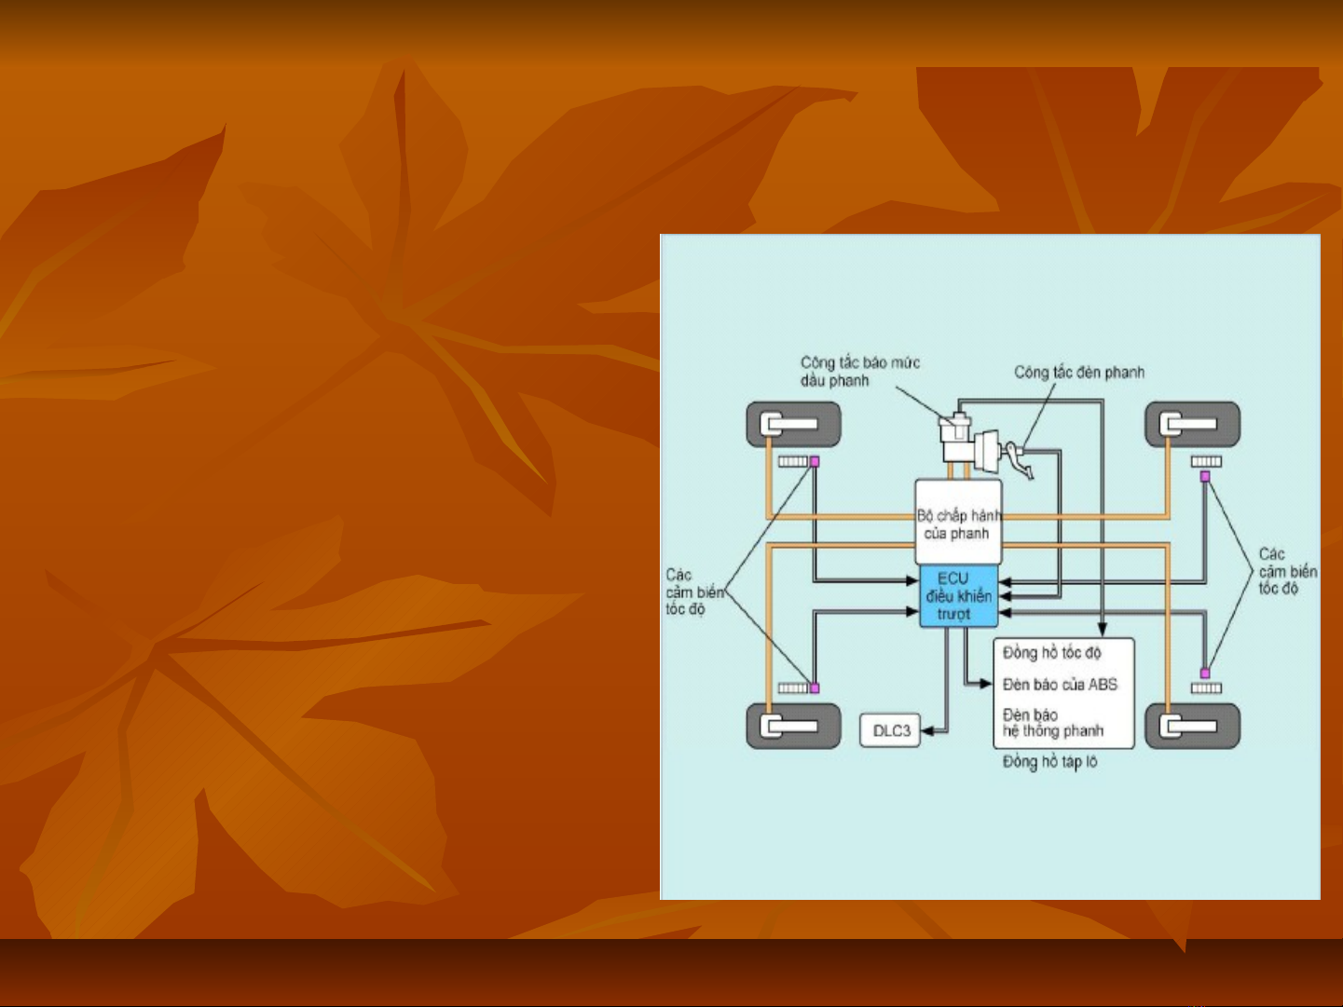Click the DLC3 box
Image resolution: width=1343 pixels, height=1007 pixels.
coord(890,731)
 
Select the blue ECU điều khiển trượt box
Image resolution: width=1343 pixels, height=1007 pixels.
coord(958,596)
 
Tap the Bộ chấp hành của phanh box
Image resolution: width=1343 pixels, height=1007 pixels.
coord(958,523)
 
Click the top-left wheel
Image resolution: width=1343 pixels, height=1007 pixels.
coord(793,425)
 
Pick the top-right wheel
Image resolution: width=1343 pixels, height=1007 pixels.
coord(1192,425)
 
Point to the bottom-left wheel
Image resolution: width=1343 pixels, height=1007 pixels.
coord(793,727)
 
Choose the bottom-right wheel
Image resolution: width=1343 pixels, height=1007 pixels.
coord(1192,727)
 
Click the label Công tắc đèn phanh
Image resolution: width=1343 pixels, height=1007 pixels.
coord(1079,373)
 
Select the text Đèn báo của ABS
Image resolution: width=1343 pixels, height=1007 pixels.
coord(1060,685)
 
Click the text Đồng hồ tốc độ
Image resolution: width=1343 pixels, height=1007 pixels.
coord(1051,653)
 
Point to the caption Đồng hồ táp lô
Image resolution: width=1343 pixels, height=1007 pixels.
coord(1049,762)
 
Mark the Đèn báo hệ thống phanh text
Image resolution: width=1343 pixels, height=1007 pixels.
coord(1052,723)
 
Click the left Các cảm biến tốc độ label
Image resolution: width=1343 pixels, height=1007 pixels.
coord(692,592)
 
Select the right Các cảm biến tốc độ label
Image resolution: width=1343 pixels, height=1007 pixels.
coord(1286,571)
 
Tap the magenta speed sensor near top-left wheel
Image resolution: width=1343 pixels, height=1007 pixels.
coord(815,461)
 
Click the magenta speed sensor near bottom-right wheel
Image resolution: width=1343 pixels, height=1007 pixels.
coord(1205,673)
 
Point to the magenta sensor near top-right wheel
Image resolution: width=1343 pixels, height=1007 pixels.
coord(1205,476)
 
